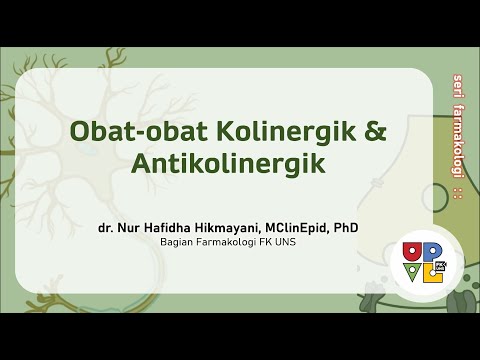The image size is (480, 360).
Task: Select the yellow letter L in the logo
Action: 433,273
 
